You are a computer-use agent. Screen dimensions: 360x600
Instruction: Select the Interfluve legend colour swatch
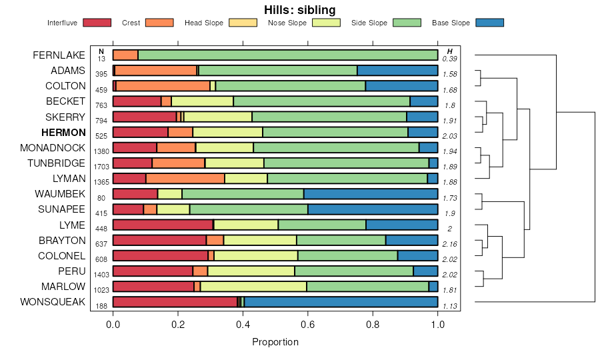pyautogui.click(x=98, y=23)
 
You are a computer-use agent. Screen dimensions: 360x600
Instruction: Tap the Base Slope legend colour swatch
pyautogui.click(x=490, y=23)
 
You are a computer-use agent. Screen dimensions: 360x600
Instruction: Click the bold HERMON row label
pyautogui.click(x=63, y=133)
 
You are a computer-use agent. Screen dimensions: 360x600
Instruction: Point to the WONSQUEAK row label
pyautogui.click(x=53, y=301)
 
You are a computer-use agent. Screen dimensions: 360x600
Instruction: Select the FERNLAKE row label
pyautogui.click(x=59, y=55)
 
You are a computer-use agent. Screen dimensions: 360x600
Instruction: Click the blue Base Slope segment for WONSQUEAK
pyautogui.click(x=341, y=302)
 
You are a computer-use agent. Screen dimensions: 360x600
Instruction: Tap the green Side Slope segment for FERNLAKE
pyautogui.click(x=287, y=55)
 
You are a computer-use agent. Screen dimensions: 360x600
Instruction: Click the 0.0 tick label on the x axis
pyautogui.click(x=113, y=324)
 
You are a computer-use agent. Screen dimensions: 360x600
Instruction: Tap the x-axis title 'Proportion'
pyautogui.click(x=275, y=342)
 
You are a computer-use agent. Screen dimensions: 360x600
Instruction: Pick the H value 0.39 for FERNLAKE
pyautogui.click(x=450, y=59)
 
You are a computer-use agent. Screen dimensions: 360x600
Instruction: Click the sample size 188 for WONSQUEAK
pyautogui.click(x=101, y=305)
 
